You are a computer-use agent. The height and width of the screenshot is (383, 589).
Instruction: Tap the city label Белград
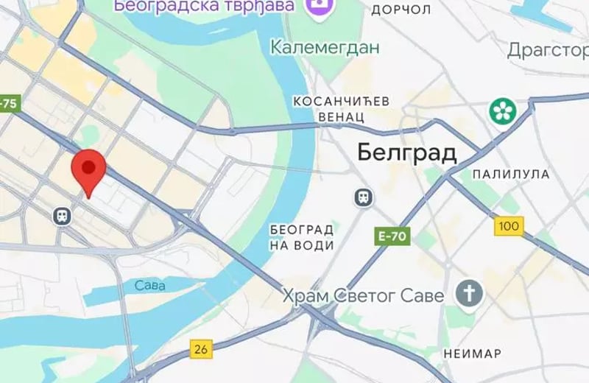(406, 152)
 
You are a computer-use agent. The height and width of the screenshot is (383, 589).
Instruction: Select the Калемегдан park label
(325, 48)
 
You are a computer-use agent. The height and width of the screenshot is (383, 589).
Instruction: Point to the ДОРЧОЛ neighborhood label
(401, 10)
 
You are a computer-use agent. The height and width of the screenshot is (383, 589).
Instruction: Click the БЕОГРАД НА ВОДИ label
(302, 236)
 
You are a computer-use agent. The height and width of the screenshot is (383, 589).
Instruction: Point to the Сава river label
(150, 284)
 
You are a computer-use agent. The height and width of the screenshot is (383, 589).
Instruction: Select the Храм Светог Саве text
(364, 296)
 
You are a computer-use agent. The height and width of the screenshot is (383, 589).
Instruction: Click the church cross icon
(468, 293)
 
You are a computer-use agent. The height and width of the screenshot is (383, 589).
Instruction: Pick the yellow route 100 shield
(509, 226)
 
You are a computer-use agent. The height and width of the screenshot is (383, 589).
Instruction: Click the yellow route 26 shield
(200, 348)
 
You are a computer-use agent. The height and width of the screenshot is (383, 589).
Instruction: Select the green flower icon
(504, 112)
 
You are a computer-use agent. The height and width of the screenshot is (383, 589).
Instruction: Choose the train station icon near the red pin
(60, 215)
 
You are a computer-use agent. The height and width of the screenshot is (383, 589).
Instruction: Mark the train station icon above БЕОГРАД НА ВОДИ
(362, 197)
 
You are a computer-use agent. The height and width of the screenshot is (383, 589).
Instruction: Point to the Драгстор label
(548, 50)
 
